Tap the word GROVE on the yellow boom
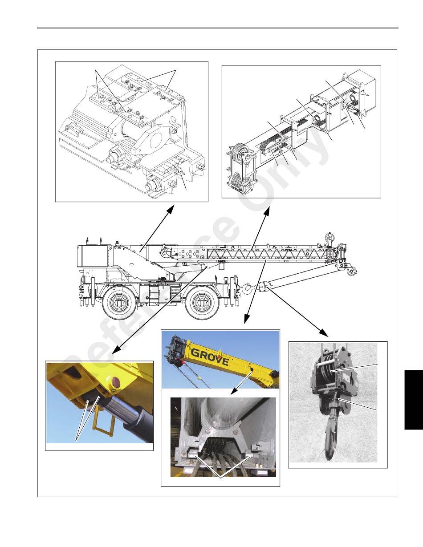tap(210, 357)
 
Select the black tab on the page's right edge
tap(414, 400)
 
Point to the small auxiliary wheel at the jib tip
tap(351, 271)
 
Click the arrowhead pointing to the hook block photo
tap(325, 333)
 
